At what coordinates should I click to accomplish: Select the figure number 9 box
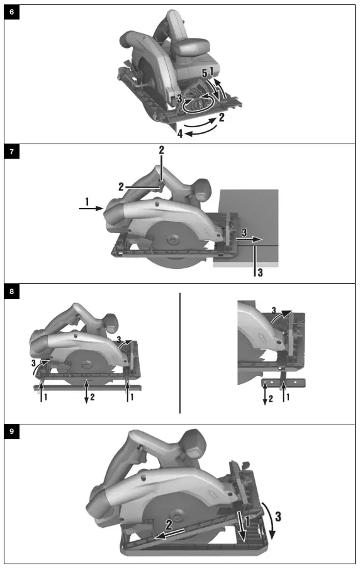[x=12, y=433]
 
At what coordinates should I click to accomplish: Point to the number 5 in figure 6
[x=205, y=74]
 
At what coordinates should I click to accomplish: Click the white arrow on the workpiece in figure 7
[x=249, y=240]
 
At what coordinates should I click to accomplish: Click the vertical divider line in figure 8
[x=180, y=353]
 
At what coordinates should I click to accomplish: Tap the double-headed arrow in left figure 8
[x=88, y=390]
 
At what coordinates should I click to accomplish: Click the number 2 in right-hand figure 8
[x=270, y=399]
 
